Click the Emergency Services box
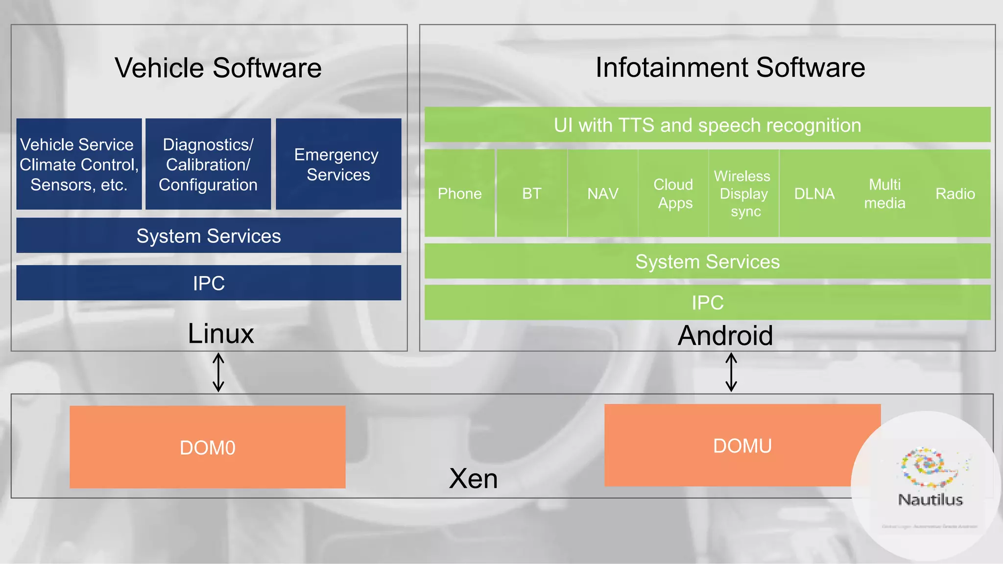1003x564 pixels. tap(338, 164)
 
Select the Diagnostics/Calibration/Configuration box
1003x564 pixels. tap(208, 164)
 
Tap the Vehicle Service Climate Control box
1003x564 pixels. tap(79, 164)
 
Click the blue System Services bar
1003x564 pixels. tap(209, 235)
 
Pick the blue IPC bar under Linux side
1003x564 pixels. tap(209, 283)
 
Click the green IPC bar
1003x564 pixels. tap(707, 303)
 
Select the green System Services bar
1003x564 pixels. tap(707, 261)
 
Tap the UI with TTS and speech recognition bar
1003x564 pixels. tap(707, 125)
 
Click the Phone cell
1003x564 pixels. tap(459, 193)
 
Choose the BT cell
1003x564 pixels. tap(532, 193)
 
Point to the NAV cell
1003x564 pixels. tap(602, 193)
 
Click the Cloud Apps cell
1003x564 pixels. tap(674, 193)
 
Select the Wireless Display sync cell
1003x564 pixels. tap(743, 193)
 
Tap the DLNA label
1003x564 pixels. tap(814, 193)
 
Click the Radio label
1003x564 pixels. tap(955, 193)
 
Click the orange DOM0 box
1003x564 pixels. tap(208, 447)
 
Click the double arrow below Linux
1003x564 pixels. tap(218, 373)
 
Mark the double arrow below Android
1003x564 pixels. tap(731, 373)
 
